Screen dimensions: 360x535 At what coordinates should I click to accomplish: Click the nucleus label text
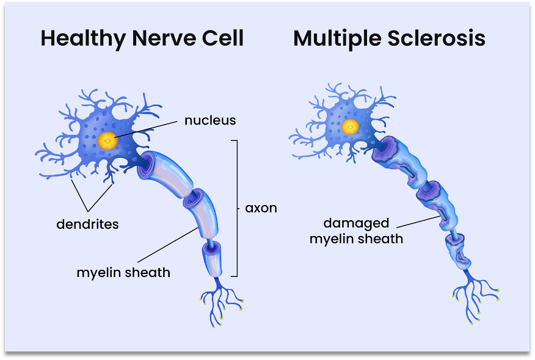[x=209, y=120]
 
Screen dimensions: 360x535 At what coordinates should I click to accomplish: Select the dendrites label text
[x=87, y=224]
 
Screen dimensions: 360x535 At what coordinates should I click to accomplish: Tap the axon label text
[x=261, y=208]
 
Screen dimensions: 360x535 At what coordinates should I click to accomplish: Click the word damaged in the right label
[x=356, y=223]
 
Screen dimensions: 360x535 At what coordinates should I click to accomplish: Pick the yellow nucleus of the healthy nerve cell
[x=108, y=141]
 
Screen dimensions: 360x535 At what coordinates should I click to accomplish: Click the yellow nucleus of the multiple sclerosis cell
[x=350, y=127]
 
